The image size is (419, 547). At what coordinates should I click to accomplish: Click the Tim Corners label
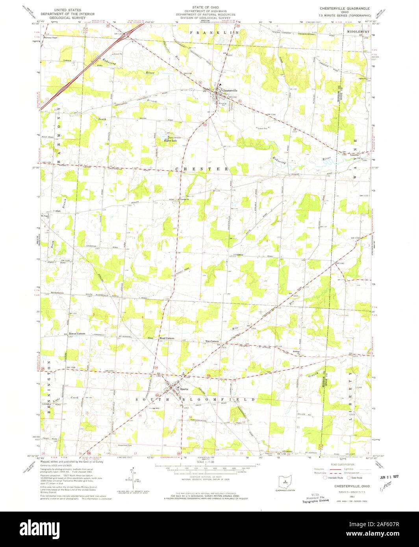(212, 341)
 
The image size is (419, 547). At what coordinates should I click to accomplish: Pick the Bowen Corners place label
(77, 333)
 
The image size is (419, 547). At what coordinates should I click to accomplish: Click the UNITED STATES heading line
(68, 9)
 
